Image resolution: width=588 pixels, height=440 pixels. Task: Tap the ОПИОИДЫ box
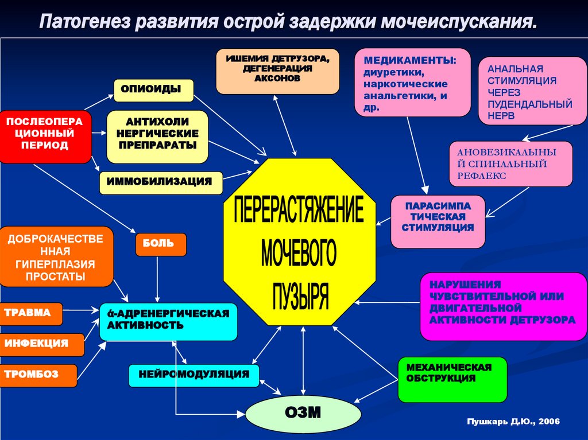coord(153,90)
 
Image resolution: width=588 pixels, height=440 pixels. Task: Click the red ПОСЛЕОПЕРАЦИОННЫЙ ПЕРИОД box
coord(45,137)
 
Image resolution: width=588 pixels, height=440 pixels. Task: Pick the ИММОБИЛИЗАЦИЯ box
coord(161,182)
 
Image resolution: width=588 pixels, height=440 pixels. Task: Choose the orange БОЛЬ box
coord(161,244)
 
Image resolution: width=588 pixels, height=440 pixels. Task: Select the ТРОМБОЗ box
coord(38,375)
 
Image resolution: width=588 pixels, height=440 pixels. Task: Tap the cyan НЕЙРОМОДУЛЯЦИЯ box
coord(194,375)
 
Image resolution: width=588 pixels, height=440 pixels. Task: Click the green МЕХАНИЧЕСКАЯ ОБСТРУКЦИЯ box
coord(452,379)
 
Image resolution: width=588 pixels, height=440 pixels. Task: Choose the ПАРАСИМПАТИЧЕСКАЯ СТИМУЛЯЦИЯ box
coord(438,221)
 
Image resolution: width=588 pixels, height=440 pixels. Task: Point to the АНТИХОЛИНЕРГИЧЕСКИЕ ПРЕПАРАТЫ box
coord(157,137)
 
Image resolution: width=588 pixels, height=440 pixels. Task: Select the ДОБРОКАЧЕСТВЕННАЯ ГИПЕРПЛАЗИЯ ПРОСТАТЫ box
coord(56,257)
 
